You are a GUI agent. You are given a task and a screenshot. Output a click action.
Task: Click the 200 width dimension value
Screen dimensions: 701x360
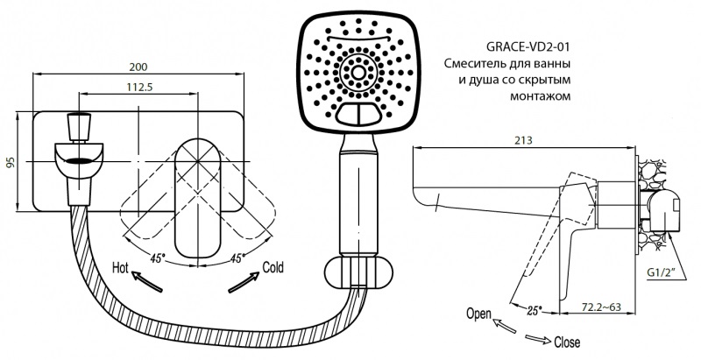click(138, 67)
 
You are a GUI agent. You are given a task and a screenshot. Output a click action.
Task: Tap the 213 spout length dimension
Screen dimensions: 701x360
click(523, 140)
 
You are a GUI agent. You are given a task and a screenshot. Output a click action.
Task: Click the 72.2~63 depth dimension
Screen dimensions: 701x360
click(602, 307)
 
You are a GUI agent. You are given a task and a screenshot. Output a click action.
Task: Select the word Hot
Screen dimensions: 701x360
click(120, 268)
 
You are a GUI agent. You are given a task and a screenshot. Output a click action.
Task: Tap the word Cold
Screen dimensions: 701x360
click(273, 267)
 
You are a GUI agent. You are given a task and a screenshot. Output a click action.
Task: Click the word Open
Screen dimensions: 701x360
click(478, 314)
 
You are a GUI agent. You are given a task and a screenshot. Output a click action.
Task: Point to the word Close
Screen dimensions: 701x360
click(567, 342)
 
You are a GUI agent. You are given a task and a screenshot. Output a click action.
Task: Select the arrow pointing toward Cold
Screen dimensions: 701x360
click(244, 283)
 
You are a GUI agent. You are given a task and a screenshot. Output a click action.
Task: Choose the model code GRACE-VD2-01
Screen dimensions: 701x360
click(528, 46)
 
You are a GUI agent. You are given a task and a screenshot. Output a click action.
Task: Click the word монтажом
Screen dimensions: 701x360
click(540, 96)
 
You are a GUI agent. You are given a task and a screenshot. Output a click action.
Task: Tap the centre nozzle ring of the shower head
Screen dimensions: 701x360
click(358, 73)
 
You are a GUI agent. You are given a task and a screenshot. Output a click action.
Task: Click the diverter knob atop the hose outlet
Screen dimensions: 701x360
click(79, 127)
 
